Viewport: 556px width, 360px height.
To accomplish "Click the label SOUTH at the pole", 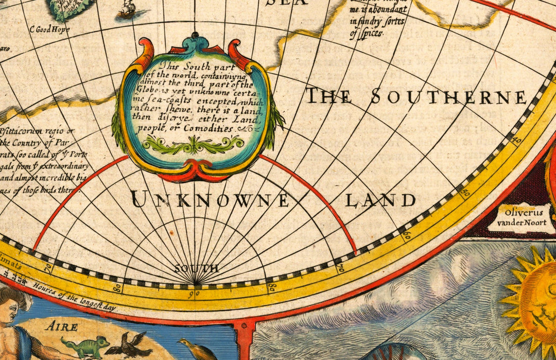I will click(196, 268).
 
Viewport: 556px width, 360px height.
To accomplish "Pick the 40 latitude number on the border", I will click(517, 141).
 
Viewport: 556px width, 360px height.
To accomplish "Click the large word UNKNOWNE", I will click(210, 200).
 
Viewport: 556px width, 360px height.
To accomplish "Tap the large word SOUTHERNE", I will click(448, 97).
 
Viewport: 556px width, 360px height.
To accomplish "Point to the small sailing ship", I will click(126, 9).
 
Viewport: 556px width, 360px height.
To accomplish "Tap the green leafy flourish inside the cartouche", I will click(193, 145).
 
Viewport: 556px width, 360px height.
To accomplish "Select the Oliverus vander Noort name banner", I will click(520, 218).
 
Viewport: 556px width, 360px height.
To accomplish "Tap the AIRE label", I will click(61, 327).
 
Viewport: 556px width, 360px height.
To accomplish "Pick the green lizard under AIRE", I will click(85, 345).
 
